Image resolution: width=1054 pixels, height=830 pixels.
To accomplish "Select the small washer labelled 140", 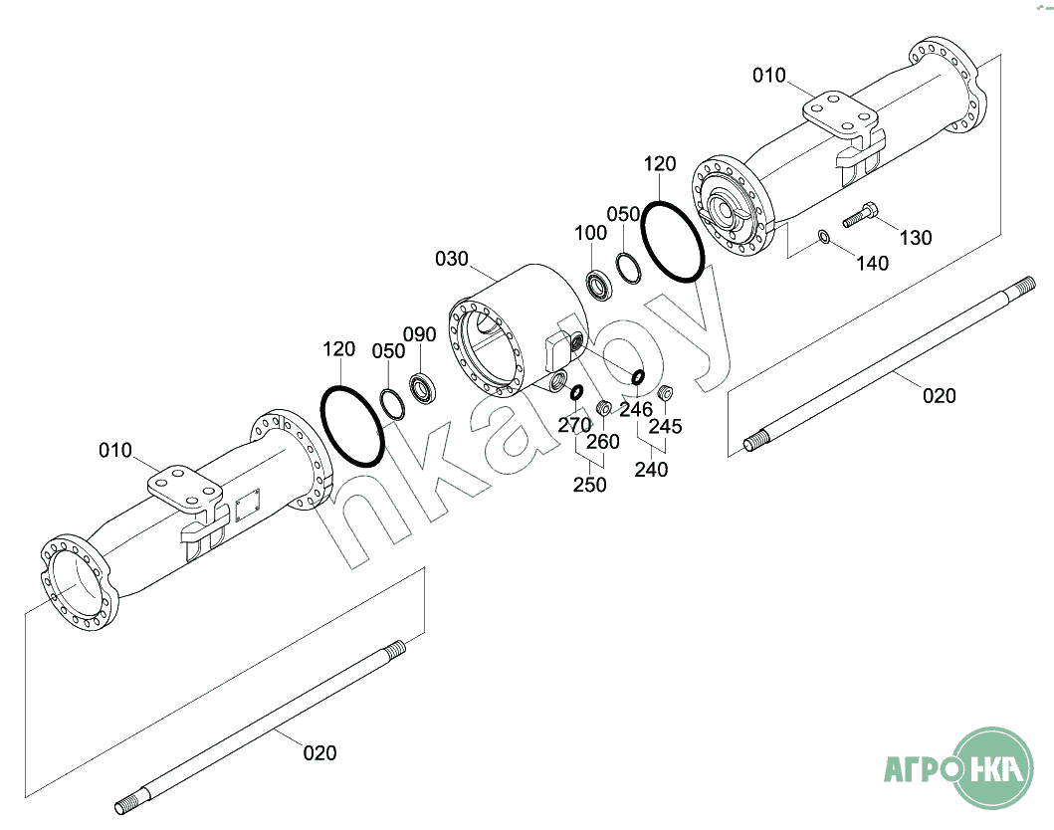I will [824, 237].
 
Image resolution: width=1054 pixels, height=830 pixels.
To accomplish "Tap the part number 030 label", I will [451, 259].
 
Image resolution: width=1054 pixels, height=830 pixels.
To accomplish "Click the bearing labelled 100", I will [600, 285].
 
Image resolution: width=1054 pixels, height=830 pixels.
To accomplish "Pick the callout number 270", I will [574, 425].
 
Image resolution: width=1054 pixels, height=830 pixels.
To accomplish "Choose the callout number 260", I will [602, 441].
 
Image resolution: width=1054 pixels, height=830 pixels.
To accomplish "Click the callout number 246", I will [636, 409].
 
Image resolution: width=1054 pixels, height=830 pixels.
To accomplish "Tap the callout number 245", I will [666, 426].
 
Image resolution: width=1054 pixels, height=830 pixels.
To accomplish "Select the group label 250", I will [589, 485].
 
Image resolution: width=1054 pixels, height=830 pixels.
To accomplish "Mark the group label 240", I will [652, 469].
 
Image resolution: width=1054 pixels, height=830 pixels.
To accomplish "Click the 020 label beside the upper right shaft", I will [939, 396].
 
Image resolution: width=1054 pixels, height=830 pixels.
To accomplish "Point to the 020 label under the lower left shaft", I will [319, 752].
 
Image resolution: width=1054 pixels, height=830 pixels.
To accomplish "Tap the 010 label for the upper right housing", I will [768, 76].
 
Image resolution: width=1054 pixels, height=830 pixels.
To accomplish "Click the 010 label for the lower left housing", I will [115, 451].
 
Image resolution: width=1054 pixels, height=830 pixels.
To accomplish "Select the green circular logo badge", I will [994, 768].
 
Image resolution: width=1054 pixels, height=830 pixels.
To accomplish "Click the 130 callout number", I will [916, 238].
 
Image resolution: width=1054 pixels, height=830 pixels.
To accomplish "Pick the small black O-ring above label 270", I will [576, 391].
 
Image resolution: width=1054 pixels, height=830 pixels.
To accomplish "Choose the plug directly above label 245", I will [667, 390].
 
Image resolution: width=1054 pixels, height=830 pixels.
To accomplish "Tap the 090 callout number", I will [419, 333].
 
